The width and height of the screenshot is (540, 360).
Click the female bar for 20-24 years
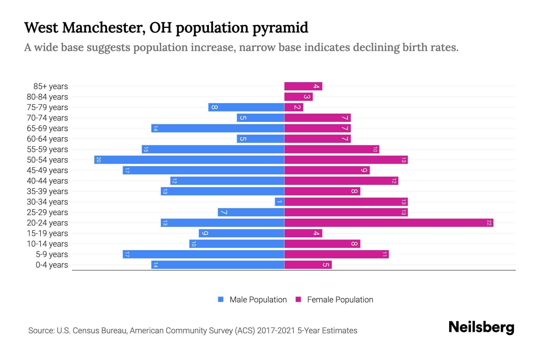pyautogui.click(x=388, y=223)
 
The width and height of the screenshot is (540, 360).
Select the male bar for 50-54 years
pyautogui.click(x=189, y=160)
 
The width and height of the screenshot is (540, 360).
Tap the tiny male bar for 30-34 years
pyautogui.click(x=279, y=202)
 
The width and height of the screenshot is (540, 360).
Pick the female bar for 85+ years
pyautogui.click(x=303, y=86)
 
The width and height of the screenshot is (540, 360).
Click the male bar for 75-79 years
pyautogui.click(x=246, y=107)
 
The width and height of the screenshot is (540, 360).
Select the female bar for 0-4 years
pyautogui.click(x=308, y=265)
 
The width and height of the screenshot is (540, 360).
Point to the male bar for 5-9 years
pyautogui.click(x=203, y=254)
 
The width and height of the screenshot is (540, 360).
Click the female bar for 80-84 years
pyautogui.click(x=298, y=97)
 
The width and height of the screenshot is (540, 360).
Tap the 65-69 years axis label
pyautogui.click(x=47, y=128)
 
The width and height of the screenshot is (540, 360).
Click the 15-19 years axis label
pyautogui.click(x=47, y=233)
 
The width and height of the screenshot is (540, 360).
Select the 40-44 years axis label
pyautogui.click(x=47, y=181)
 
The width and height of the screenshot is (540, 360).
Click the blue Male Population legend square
pyautogui.click(x=221, y=299)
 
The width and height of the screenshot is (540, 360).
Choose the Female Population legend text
pyautogui.click(x=340, y=300)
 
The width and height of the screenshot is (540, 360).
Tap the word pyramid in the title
pyautogui.click(x=280, y=28)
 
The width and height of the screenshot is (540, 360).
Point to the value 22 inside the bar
pyautogui.click(x=489, y=223)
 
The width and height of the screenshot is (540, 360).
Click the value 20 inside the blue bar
pyautogui.click(x=98, y=160)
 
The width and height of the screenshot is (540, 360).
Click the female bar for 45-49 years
pyautogui.click(x=327, y=170)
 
